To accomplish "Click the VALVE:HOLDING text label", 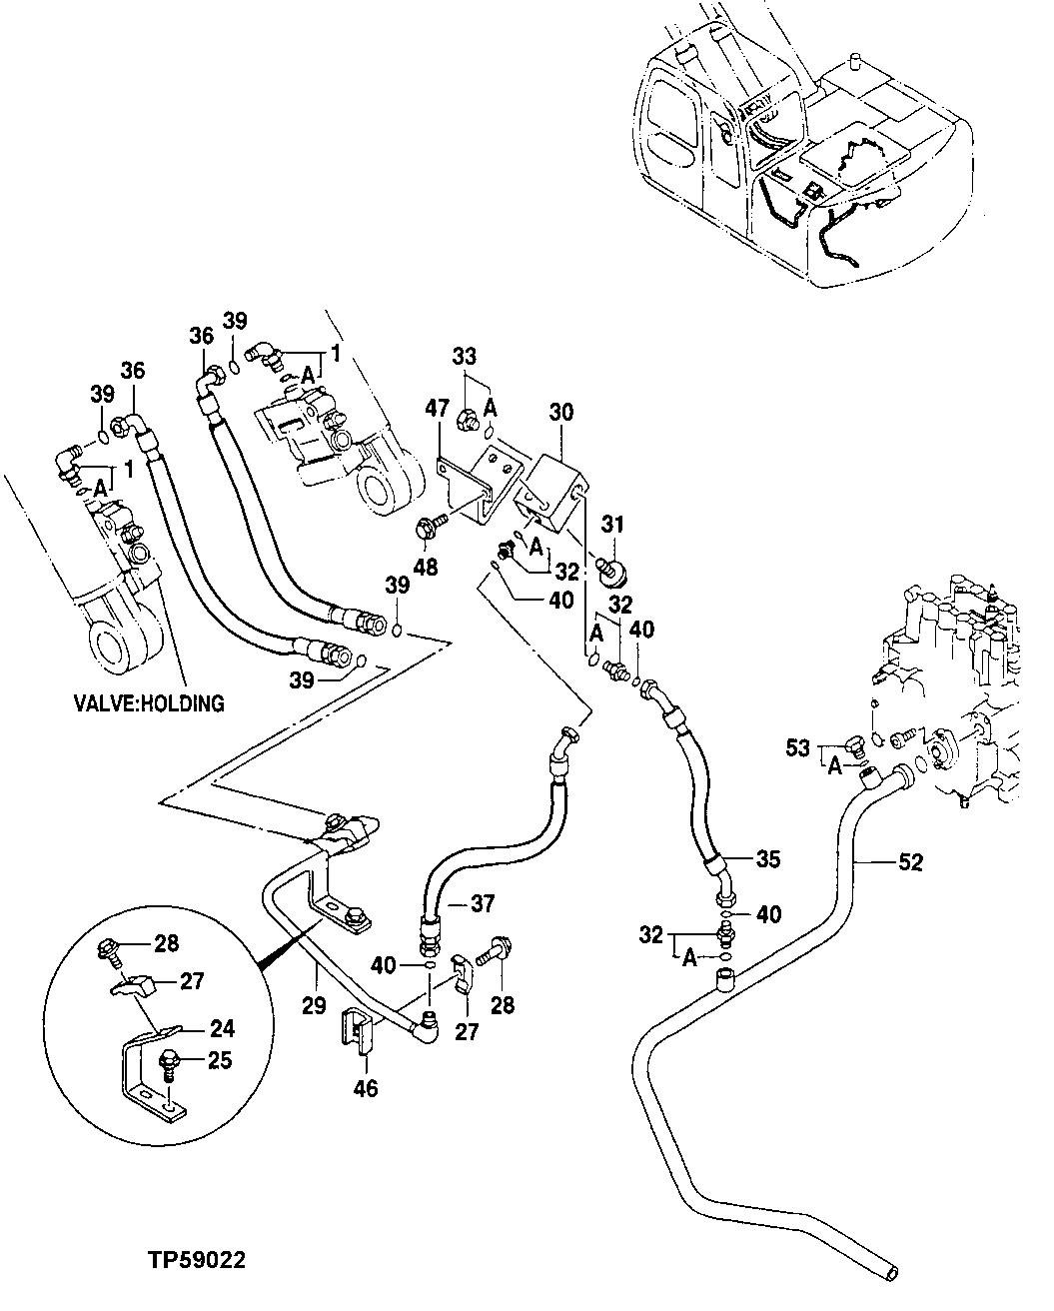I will click(149, 702).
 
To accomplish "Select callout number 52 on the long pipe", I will click(910, 861).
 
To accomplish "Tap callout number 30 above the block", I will click(562, 413).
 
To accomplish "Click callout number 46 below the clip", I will click(366, 1087).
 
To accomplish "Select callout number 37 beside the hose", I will click(483, 903).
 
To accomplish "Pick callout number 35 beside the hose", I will click(767, 857).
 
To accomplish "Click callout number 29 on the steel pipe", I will click(314, 1005).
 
